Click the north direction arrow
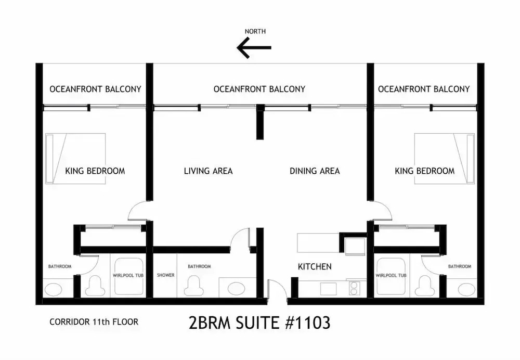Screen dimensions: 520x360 click(x=254, y=48)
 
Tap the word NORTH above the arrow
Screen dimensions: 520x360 click(x=255, y=32)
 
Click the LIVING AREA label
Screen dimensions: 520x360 click(x=209, y=171)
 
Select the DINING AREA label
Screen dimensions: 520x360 click(x=315, y=171)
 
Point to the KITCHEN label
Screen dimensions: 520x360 click(x=315, y=267)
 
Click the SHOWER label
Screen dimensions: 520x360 click(x=165, y=275)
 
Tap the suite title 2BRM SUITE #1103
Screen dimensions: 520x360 click(x=259, y=323)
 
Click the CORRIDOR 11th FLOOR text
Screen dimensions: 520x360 click(x=94, y=322)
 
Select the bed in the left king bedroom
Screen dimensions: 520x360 click(x=75, y=159)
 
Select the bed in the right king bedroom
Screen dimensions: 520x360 click(x=445, y=159)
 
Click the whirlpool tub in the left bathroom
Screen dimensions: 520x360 click(x=128, y=276)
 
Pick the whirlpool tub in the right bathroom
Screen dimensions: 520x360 click(x=391, y=276)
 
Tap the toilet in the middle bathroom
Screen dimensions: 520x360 click(x=193, y=286)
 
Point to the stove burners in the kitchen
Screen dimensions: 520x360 click(x=354, y=288)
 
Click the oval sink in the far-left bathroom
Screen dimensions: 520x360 click(x=53, y=290)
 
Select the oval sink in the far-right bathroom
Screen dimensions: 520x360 click(x=466, y=290)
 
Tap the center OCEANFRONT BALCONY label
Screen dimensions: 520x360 click(x=259, y=89)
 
